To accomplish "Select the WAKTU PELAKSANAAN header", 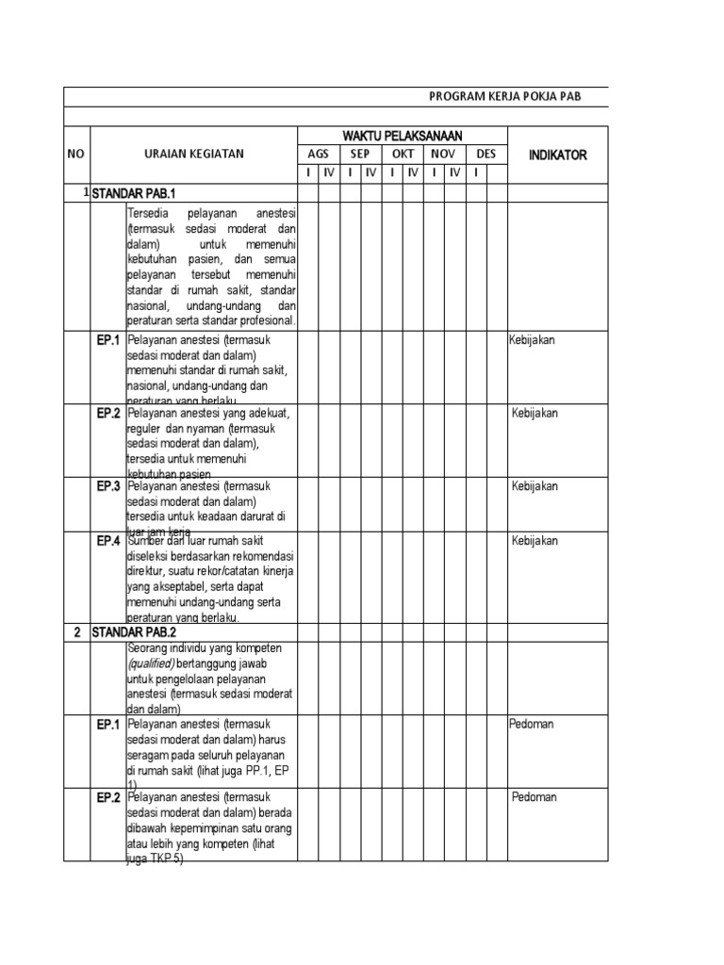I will point(403,137).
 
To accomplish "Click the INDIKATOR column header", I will point(557,155).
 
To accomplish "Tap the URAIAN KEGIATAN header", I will point(193,155).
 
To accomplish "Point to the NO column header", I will point(76,155).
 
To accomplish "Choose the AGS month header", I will point(319,155).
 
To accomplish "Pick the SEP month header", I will point(360,155).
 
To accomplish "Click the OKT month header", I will point(403,155).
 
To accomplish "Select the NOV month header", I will point(444,155).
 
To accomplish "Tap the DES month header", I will point(486,155).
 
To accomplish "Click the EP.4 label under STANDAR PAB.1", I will point(107,541).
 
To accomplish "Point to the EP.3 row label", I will point(107,486).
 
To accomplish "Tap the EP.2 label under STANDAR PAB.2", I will point(107,797).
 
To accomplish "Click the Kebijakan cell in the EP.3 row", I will point(535,486).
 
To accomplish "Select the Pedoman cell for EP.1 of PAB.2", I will point(532,725).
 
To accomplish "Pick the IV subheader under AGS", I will point(329,173).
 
